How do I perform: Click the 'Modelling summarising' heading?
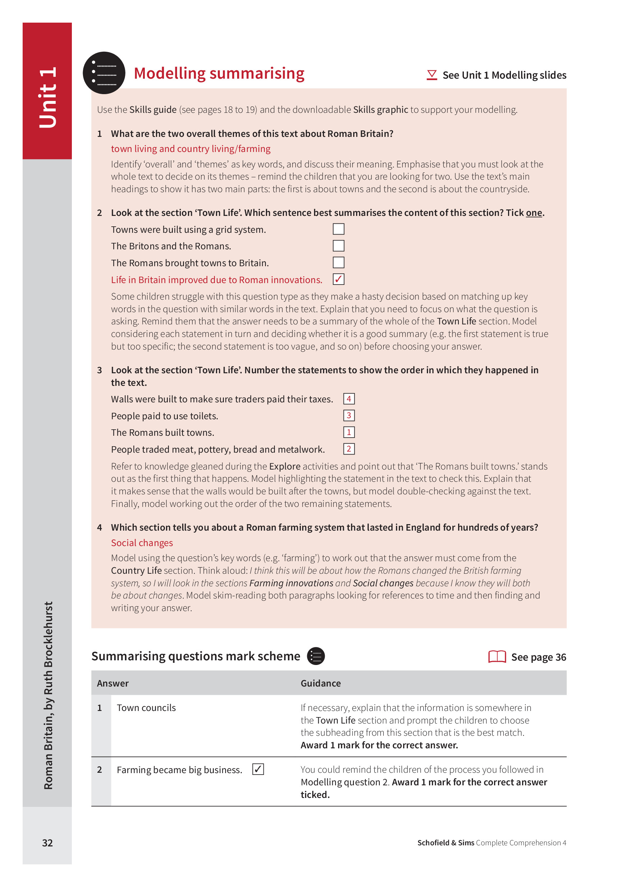click(219, 74)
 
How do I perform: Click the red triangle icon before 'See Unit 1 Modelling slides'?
click(432, 75)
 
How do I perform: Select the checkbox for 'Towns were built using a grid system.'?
click(338, 229)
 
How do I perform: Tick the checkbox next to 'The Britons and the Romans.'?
click(338, 246)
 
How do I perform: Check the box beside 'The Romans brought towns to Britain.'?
click(338, 262)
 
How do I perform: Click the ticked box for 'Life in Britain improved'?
click(338, 279)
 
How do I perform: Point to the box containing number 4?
click(349, 398)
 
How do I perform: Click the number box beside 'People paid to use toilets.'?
click(349, 415)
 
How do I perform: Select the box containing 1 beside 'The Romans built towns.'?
click(349, 432)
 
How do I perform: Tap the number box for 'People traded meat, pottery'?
click(349, 449)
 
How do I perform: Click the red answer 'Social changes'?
click(142, 543)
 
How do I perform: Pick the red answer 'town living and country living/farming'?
click(190, 149)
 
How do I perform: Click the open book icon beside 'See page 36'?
click(497, 657)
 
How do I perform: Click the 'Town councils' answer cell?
click(146, 708)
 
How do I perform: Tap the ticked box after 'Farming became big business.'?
click(258, 769)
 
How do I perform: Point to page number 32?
click(47, 843)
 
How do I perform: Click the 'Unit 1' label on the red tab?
click(48, 97)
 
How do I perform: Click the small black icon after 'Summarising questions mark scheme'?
click(315, 656)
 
